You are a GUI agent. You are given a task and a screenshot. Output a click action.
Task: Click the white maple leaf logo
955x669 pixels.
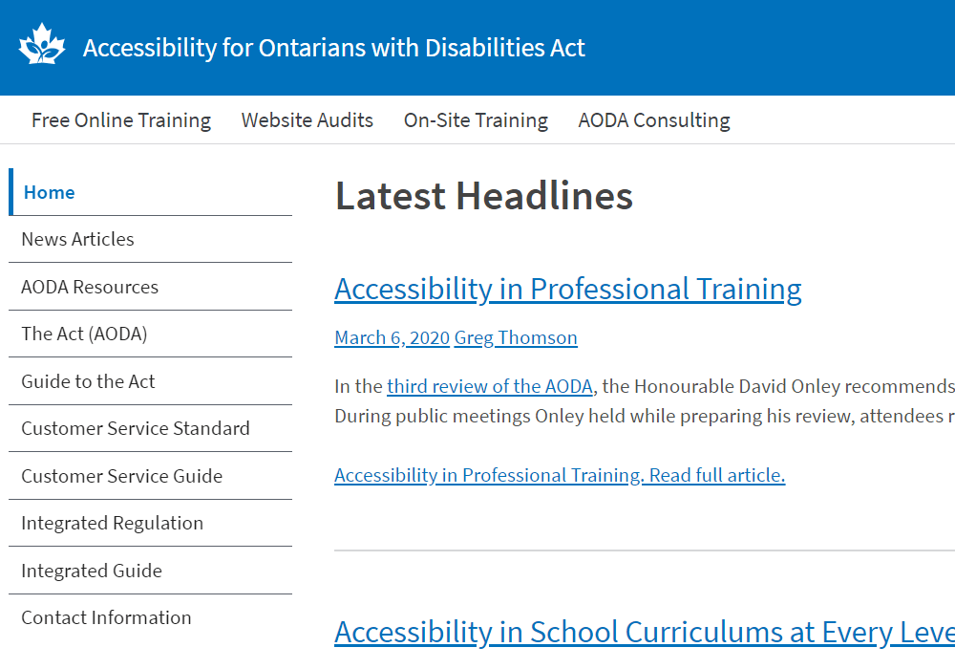coord(41,44)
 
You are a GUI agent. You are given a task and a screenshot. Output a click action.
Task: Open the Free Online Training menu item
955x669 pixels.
coord(121,120)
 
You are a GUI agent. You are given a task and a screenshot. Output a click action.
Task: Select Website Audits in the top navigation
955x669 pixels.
coord(307,120)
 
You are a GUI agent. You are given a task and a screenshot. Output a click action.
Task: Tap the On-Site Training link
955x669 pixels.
coord(476,120)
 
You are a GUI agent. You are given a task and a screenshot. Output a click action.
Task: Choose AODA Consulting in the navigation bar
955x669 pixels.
coord(654,120)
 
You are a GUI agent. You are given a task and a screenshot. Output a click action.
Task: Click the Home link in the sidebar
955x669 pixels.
coord(50,192)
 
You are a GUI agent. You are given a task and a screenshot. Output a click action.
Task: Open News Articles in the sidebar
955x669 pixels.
coord(77,240)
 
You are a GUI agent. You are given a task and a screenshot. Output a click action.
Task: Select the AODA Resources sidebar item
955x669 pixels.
coord(90,287)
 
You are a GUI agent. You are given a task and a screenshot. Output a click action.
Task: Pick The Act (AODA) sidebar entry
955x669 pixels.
coord(84,334)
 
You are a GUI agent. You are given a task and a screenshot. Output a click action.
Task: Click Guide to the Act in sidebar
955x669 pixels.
coord(88,381)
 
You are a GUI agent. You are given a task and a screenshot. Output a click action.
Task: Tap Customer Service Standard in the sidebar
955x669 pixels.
coord(136,428)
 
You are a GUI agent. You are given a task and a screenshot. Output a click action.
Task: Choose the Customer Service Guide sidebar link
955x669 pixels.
coord(122,476)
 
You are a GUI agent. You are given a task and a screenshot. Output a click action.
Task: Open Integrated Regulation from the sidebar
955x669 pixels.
coord(112,524)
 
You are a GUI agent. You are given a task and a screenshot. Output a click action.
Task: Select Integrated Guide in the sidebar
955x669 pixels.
coord(92,571)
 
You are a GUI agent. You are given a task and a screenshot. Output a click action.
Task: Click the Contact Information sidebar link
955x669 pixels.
coord(106,617)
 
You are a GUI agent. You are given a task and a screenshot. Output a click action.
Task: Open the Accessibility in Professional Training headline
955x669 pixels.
coord(567,290)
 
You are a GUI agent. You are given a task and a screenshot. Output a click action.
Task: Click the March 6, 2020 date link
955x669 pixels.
coord(392,338)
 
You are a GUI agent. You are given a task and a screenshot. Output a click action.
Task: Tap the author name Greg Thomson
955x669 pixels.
coord(516,338)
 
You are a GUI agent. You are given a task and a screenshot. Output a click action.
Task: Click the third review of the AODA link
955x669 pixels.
coord(490,386)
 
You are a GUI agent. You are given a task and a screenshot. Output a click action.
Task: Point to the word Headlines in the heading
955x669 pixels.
coord(544,196)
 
